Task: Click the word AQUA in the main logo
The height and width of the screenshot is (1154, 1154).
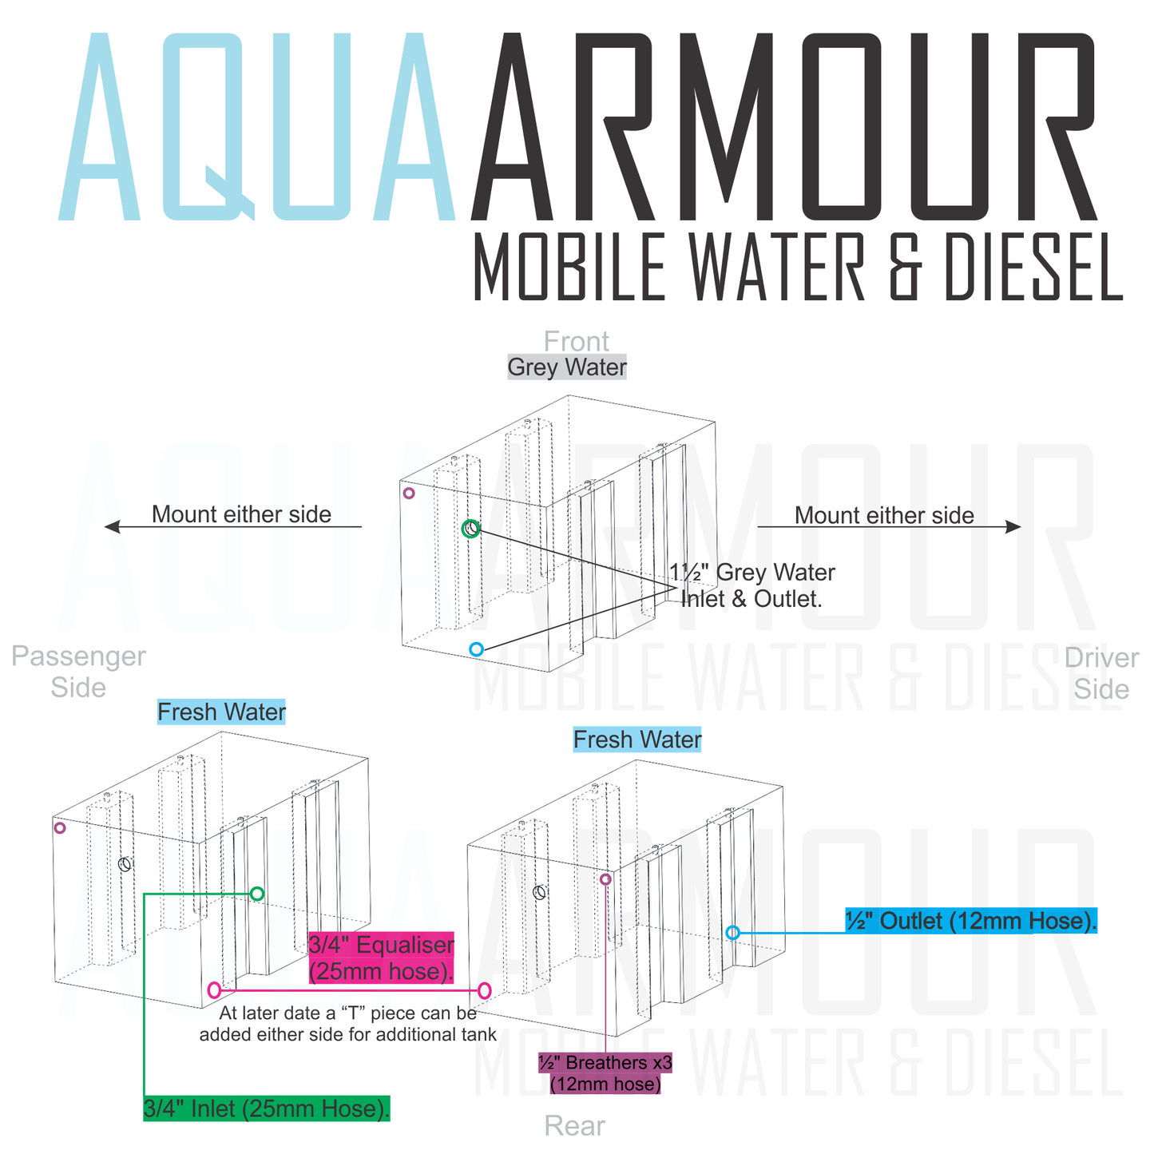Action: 256,128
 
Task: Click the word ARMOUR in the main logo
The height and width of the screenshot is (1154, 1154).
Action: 787,128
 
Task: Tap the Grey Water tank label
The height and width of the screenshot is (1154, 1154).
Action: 567,367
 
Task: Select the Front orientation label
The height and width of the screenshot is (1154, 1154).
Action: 576,341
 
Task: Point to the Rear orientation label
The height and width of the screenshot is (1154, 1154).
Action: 574,1126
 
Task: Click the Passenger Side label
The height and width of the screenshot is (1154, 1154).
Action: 78,672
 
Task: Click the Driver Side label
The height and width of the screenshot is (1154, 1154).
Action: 1101,673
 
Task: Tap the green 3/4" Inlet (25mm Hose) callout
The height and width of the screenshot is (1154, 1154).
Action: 267,1108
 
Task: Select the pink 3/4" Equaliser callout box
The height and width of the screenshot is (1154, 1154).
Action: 381,958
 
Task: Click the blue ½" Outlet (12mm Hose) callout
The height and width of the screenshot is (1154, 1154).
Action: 971,921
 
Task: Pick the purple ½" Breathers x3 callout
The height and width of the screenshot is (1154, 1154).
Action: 605,1073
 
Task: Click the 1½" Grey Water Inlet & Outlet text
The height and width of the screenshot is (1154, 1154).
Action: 751,585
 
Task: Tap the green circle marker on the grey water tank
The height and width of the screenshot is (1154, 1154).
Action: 471,529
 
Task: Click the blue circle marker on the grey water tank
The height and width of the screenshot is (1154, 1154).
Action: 476,649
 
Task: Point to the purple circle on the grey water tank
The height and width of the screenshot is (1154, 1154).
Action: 409,494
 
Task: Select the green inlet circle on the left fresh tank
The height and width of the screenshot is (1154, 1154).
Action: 256,894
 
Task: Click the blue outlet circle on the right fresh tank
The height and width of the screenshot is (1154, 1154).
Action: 732,932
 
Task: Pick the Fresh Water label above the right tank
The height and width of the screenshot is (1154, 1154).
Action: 637,740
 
